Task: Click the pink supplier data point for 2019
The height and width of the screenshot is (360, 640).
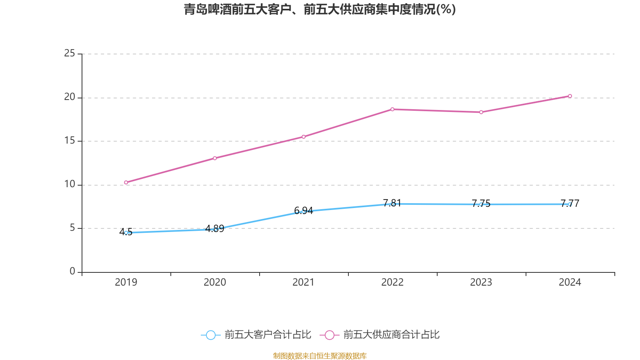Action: pyautogui.click(x=126, y=182)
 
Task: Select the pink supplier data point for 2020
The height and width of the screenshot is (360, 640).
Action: pyautogui.click(x=215, y=158)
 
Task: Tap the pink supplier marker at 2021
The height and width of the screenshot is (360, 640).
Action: pyautogui.click(x=304, y=137)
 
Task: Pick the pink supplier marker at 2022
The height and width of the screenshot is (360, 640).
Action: pyautogui.click(x=392, y=109)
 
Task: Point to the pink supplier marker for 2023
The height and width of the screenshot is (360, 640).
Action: pyautogui.click(x=481, y=112)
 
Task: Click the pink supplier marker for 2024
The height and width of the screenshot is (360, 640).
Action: pyautogui.click(x=570, y=96)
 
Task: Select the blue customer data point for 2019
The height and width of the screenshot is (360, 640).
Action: pyautogui.click(x=126, y=233)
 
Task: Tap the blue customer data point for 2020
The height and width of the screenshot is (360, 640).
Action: pyautogui.click(x=215, y=230)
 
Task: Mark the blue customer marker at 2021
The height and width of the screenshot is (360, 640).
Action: pyautogui.click(x=304, y=211)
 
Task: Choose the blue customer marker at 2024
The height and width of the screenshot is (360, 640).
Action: pyautogui.click(x=570, y=204)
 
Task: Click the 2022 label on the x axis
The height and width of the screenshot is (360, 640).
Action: pyautogui.click(x=392, y=282)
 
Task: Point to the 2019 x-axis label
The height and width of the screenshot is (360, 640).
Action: pyautogui.click(x=126, y=282)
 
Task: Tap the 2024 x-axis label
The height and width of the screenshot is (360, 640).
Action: pyautogui.click(x=570, y=282)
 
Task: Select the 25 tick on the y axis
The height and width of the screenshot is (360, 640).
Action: pyautogui.click(x=70, y=53)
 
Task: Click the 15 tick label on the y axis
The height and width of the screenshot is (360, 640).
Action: pyautogui.click(x=70, y=141)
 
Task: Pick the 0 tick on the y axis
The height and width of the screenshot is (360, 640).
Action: pyautogui.click(x=72, y=272)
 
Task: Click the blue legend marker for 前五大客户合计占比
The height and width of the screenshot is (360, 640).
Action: pyautogui.click(x=211, y=335)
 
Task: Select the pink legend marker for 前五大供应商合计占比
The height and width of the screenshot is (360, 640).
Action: pyautogui.click(x=330, y=335)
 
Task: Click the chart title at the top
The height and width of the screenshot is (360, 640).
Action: pyautogui.click(x=320, y=9)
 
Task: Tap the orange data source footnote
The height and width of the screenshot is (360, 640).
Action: pyautogui.click(x=320, y=356)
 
